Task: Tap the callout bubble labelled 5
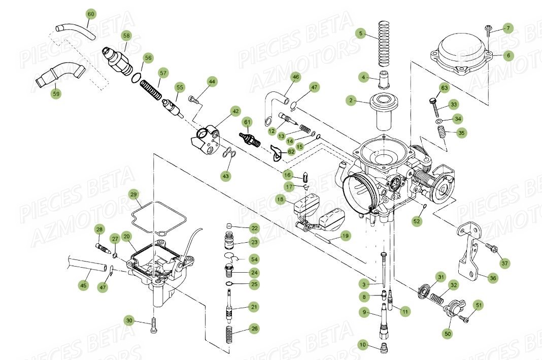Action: coord(361,34)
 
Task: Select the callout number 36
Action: coord(492,278)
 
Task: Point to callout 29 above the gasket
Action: coord(133,194)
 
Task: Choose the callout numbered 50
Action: coord(448,334)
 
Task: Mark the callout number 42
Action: coord(235,111)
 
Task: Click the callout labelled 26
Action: coord(254,329)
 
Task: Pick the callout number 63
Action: coord(444,88)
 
